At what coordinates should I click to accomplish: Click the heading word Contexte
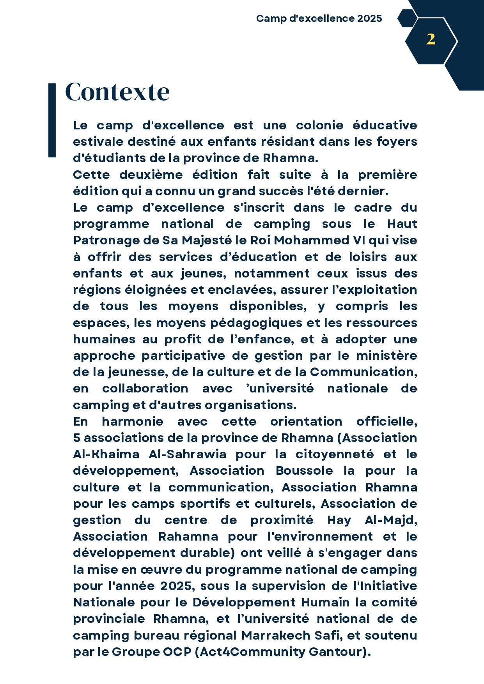click(x=117, y=92)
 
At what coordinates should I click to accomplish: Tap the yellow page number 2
click(x=431, y=39)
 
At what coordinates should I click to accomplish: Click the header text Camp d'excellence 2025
click(x=319, y=19)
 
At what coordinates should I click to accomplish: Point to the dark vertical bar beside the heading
click(x=52, y=120)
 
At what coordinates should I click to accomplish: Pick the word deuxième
click(x=151, y=175)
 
